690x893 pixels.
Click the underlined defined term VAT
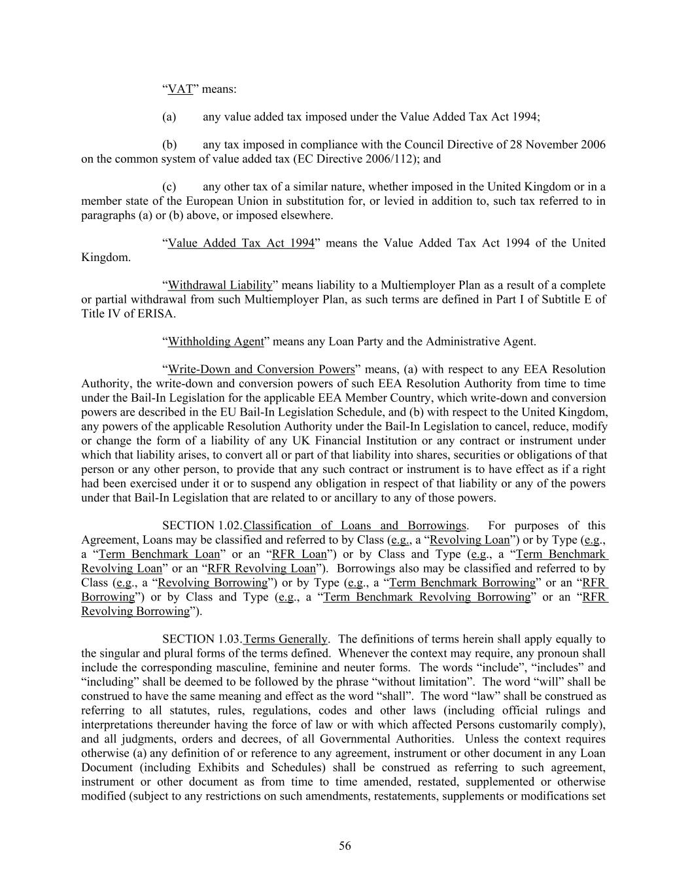click(x=180, y=89)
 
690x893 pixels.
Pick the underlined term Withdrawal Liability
click(x=220, y=285)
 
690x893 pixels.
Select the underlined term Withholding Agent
click(x=216, y=341)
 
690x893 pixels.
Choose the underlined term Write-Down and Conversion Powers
click(x=261, y=370)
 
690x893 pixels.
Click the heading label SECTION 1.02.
click(x=202, y=526)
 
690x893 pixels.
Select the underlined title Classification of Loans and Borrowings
click(x=354, y=526)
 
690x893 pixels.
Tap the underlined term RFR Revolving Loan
click(x=261, y=569)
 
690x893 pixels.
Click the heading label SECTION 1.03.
click(x=202, y=639)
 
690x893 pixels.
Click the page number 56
click(x=345, y=847)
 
